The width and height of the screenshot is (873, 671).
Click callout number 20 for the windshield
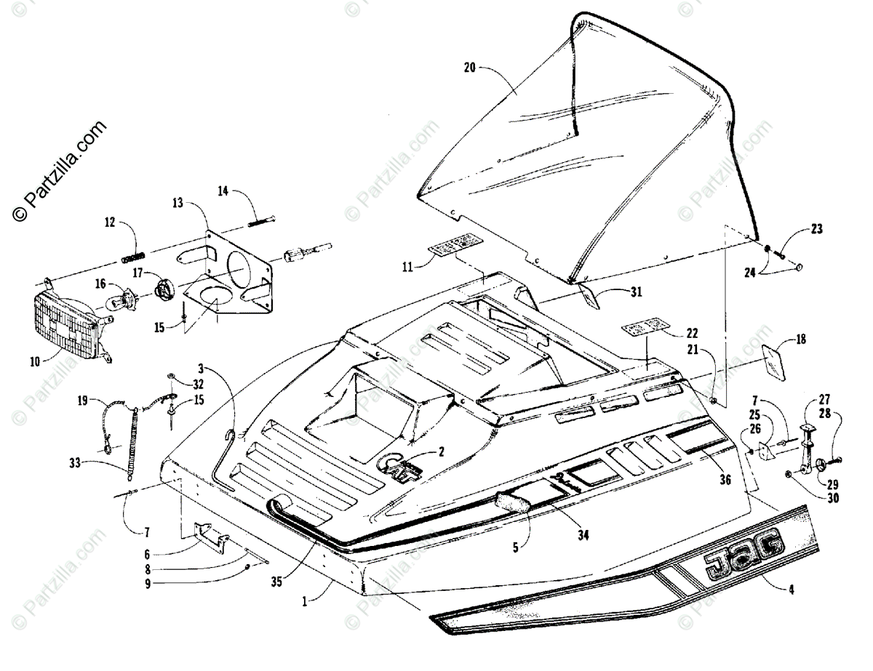469,69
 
